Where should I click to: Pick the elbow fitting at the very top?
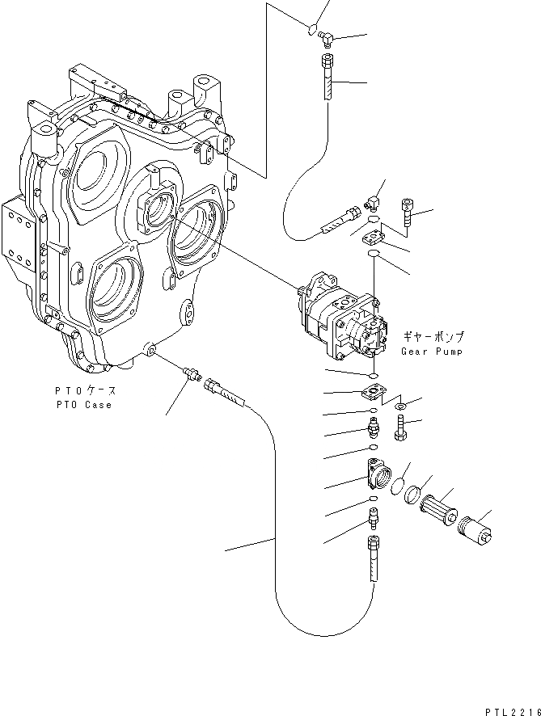click(x=328, y=36)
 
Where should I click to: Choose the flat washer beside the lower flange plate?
click(x=402, y=403)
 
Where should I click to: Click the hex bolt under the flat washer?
click(x=402, y=428)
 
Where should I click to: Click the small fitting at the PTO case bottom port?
click(x=193, y=373)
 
